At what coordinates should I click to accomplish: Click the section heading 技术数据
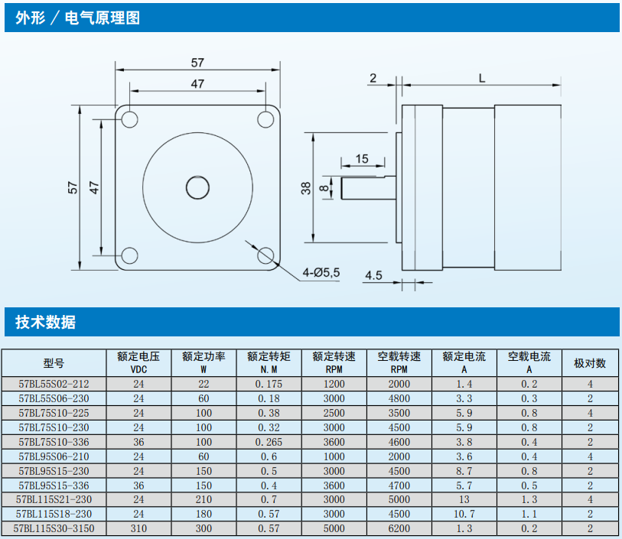coord(46,322)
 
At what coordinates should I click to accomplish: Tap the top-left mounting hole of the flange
coord(129,119)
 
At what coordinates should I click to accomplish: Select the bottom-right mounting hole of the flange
coord(266,255)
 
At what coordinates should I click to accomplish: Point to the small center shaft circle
coord(197,187)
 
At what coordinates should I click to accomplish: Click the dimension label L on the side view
coord(481,77)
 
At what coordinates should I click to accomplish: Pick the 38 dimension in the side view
coord(305,188)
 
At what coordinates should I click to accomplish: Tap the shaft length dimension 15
coord(362,158)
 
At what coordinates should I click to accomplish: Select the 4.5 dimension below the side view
coord(373,275)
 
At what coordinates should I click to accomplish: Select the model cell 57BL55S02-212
coord(54,384)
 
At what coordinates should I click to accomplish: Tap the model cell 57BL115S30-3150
coord(54,528)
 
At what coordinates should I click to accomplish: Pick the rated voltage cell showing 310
coord(138,528)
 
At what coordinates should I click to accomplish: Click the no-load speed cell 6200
coord(399,528)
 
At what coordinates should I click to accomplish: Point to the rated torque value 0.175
coord(269,384)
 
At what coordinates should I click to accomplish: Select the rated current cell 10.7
coord(464,514)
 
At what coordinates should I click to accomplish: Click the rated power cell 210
coord(204,499)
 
